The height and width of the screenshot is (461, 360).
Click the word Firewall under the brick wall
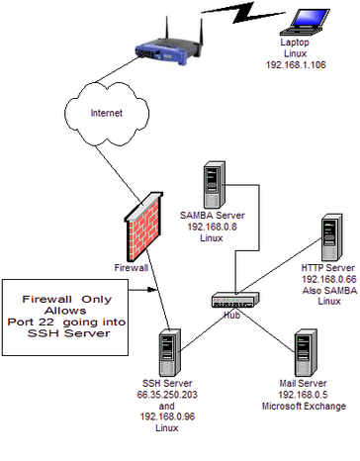132,267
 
